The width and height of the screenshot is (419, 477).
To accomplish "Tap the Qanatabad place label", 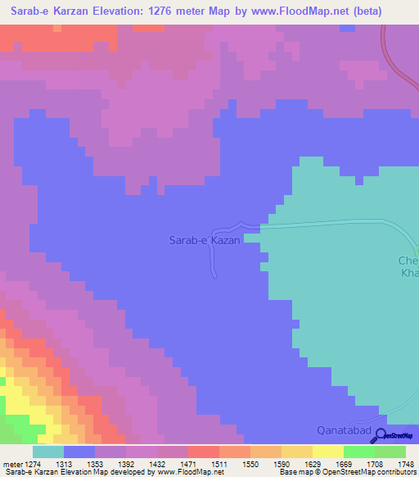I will pos(345,431).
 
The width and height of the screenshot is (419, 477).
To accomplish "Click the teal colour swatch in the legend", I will pos(48,452).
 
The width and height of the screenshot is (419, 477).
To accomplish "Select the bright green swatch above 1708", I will pos(359,452).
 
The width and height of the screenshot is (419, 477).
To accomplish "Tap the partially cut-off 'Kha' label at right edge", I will pos(409,274).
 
